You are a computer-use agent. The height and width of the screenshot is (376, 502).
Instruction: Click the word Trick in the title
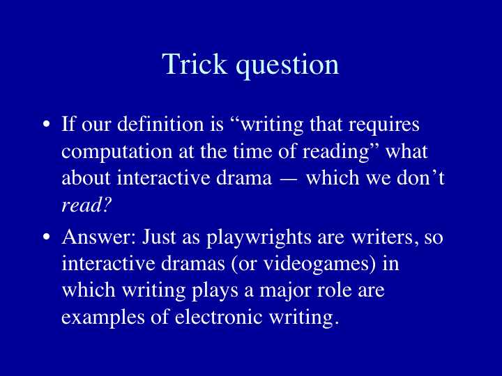coord(195,64)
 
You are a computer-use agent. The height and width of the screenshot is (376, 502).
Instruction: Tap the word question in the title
coord(287,66)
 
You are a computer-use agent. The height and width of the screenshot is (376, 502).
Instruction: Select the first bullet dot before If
coord(47,124)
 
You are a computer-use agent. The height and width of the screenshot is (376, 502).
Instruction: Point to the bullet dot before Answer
coord(47,237)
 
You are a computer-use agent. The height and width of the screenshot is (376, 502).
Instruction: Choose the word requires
coord(384,125)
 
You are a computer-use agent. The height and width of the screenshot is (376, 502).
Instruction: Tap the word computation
coord(117,152)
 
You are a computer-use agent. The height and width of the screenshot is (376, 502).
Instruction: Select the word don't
coord(420,178)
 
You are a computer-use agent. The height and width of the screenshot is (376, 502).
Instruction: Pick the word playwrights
coord(259,238)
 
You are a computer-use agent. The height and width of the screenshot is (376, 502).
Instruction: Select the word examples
coord(103,318)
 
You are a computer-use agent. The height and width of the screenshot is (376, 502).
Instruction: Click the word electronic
coord(219,317)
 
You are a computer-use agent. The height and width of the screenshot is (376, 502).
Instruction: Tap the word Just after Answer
coord(159,237)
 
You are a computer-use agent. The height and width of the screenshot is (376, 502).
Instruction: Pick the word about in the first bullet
coord(86,178)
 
